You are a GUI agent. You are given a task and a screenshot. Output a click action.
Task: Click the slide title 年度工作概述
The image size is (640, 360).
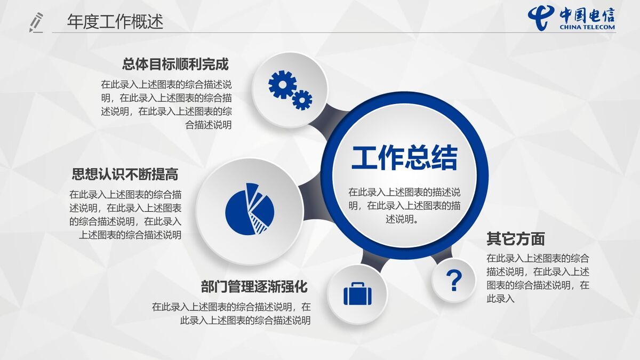(x=115, y=22)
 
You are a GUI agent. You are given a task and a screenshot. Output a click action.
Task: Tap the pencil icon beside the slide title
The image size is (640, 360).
(x=36, y=22)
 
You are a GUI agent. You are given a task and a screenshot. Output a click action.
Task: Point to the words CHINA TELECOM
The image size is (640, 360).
(x=587, y=27)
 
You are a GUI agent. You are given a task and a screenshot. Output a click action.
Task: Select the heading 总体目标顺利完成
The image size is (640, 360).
(x=175, y=65)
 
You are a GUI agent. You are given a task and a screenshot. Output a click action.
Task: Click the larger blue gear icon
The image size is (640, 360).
(x=282, y=84)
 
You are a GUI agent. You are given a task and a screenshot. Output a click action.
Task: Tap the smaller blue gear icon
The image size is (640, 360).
(x=302, y=99)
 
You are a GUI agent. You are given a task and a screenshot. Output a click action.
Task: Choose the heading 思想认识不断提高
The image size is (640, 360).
(x=125, y=174)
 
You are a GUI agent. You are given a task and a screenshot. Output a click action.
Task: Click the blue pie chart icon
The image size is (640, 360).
(x=250, y=209)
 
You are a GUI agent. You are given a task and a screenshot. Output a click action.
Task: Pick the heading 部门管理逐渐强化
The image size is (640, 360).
(x=254, y=286)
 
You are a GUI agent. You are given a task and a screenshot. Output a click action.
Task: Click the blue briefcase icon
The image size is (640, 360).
(x=357, y=294)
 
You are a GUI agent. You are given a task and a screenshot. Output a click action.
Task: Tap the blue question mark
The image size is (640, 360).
(x=453, y=280)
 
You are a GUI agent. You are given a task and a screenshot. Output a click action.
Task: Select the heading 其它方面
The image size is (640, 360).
(x=515, y=238)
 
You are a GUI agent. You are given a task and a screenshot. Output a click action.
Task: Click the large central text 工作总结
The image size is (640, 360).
(x=404, y=157)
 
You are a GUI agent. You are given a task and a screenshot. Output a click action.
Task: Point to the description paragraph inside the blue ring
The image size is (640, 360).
(x=404, y=205)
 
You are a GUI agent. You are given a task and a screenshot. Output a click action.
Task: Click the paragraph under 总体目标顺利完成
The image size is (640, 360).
(x=166, y=105)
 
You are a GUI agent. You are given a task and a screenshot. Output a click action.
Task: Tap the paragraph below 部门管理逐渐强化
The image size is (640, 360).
(x=231, y=314)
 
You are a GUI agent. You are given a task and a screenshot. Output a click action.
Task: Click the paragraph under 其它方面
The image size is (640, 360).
(x=538, y=278)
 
